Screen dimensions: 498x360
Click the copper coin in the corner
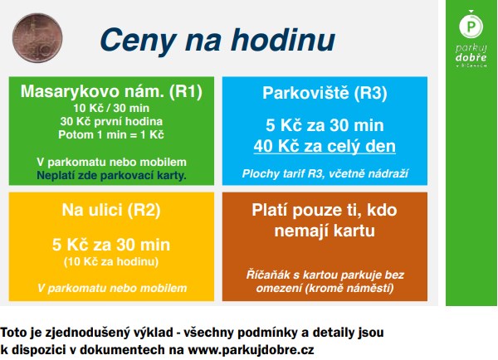coord(37,38)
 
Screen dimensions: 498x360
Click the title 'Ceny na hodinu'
coord(217,41)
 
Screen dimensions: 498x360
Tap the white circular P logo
coord(471,26)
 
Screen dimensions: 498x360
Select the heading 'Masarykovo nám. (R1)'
coord(111,91)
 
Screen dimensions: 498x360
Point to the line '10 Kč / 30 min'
coord(111,109)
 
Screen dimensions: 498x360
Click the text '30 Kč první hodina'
coord(111,121)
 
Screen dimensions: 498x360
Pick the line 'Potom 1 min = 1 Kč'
coord(111,134)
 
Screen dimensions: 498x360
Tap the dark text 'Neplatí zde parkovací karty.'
coord(111,175)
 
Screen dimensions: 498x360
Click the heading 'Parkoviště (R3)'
coord(325,93)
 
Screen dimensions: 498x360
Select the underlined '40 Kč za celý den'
coord(325,146)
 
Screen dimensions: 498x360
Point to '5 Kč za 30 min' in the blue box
coord(325,125)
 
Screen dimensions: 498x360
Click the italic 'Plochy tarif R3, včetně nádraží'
coord(325,173)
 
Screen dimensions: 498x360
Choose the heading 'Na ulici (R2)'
coord(111,210)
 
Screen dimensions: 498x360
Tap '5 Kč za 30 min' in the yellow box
coord(111,245)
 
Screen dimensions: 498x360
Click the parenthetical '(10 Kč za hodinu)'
coord(111,261)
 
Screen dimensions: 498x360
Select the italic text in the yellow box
coord(112,289)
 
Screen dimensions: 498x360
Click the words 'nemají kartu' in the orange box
coord(325,231)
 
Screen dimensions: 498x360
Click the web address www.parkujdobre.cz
coord(251,349)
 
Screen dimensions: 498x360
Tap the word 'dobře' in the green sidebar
coord(471,57)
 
